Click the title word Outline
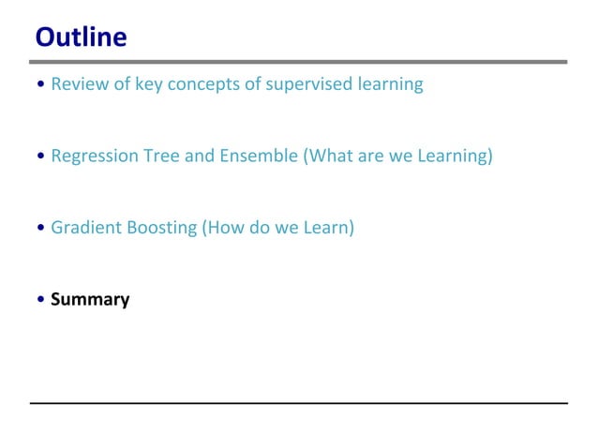point(81,37)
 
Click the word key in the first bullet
point(148,84)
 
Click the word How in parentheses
point(225,228)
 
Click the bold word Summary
point(90,300)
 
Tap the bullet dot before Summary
point(39,301)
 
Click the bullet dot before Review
point(39,85)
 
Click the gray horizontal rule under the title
point(299,62)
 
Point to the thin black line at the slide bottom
point(299,403)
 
